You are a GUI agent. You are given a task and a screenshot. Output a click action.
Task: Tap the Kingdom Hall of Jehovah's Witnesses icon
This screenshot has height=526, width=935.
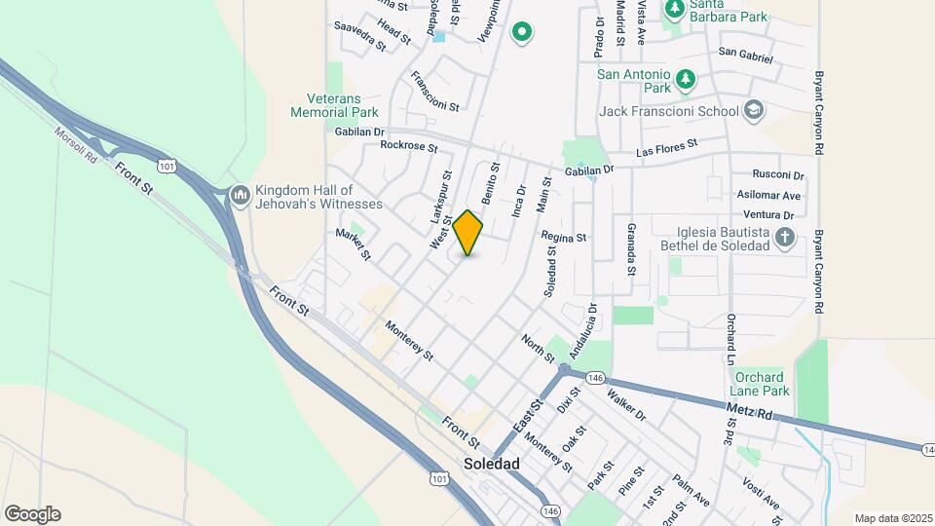pyautogui.click(x=241, y=197)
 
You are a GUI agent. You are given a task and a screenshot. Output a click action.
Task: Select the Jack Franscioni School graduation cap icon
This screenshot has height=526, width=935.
pyautogui.click(x=753, y=111)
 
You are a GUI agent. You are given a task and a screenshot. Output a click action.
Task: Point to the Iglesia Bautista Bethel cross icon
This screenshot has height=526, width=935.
pyautogui.click(x=785, y=237)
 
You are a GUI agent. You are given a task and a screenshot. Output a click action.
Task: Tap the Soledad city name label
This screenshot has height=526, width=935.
pyautogui.click(x=492, y=464)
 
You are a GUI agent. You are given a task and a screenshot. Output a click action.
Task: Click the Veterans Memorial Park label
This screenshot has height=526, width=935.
pyautogui.click(x=334, y=105)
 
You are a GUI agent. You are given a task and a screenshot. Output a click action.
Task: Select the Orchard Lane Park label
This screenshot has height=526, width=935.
pyautogui.click(x=762, y=384)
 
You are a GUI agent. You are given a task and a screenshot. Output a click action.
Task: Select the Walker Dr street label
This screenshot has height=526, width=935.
pyautogui.click(x=626, y=403)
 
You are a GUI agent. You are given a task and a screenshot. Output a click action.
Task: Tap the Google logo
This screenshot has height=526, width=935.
pyautogui.click(x=32, y=514)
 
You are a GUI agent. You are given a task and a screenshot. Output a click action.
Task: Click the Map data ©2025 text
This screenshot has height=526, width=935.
pyautogui.click(x=892, y=518)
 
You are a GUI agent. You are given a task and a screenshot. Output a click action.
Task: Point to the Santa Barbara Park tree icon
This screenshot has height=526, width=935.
pyautogui.click(x=674, y=9)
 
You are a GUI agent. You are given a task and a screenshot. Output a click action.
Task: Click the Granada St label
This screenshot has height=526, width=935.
pyautogui.click(x=631, y=248)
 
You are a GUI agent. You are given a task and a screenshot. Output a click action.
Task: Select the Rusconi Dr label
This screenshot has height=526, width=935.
pyautogui.click(x=779, y=176)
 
